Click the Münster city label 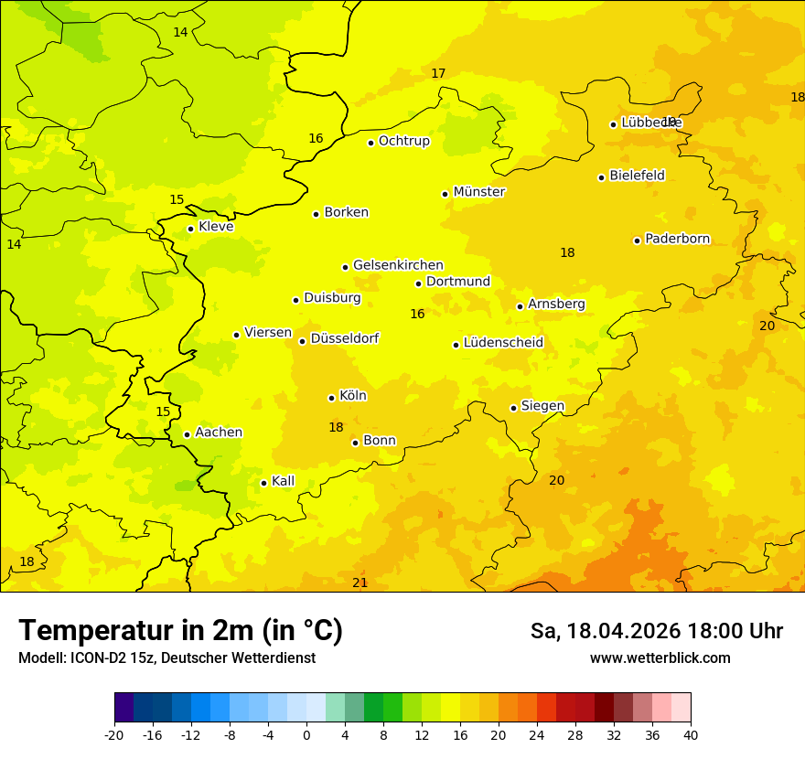pos(479,192)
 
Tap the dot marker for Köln pos(331,398)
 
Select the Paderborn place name pos(678,239)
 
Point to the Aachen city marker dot pos(187,434)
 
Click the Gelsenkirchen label pos(398,265)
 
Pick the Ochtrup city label pos(404,141)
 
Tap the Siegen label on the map pos(542,406)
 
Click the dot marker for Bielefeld pos(601,177)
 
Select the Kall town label pos(283,481)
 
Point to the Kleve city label pos(216,227)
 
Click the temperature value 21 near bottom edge pos(360,583)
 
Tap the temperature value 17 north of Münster pos(438,73)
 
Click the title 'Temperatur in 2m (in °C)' pos(180,631)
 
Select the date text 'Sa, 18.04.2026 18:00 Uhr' pos(656,631)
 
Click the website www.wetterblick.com pos(660,658)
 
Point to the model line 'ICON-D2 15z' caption pos(166,658)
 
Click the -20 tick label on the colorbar pos(114,735)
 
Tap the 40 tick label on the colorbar pos(691,735)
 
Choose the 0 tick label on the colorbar pos(306,735)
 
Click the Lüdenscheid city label pos(503,343)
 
